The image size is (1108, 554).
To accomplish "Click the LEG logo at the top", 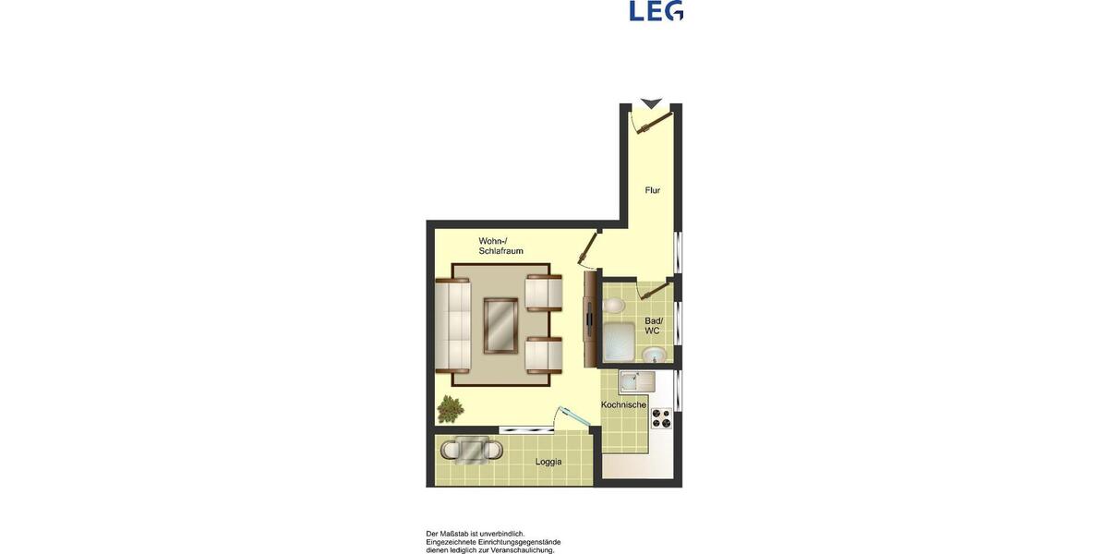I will point(656,10).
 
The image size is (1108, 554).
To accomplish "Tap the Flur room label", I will point(653,190).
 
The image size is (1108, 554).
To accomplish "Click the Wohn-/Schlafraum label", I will point(500,246).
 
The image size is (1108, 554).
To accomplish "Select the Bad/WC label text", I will point(653,325).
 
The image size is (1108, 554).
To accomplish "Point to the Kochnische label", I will point(623,404).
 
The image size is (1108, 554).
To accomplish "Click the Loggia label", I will point(548,462).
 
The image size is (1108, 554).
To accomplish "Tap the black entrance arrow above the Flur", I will point(651,102).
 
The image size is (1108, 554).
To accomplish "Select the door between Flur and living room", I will point(587,247).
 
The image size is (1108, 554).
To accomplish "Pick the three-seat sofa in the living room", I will point(454,324).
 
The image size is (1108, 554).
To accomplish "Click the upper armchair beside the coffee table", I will point(543,293).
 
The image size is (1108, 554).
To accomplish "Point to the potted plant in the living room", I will point(451,407).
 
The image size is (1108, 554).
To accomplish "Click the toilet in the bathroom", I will point(614,305).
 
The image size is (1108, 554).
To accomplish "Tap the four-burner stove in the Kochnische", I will point(662,418).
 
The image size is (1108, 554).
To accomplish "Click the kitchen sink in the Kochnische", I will point(634,380).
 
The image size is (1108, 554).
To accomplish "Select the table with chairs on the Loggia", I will point(472,450).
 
